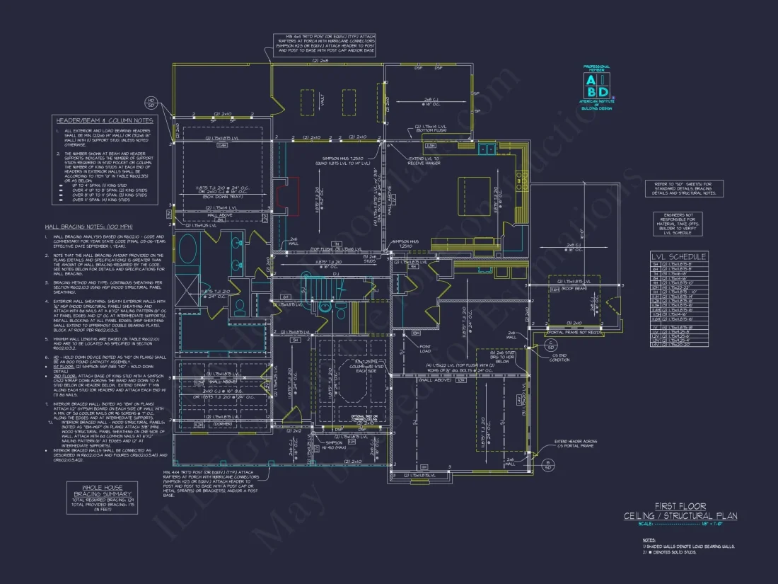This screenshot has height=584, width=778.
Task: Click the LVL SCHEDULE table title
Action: pos(678,256)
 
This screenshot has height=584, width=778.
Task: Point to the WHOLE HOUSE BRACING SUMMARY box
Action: pos(103,498)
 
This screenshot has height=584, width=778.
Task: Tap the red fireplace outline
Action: pos(289,195)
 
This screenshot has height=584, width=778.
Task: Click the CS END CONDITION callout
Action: pos(559,358)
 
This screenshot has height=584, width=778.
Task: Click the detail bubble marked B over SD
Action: pos(547,464)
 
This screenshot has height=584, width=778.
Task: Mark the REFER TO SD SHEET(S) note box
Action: pos(679,188)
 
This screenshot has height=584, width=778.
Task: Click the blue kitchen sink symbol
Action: pos(486,149)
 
